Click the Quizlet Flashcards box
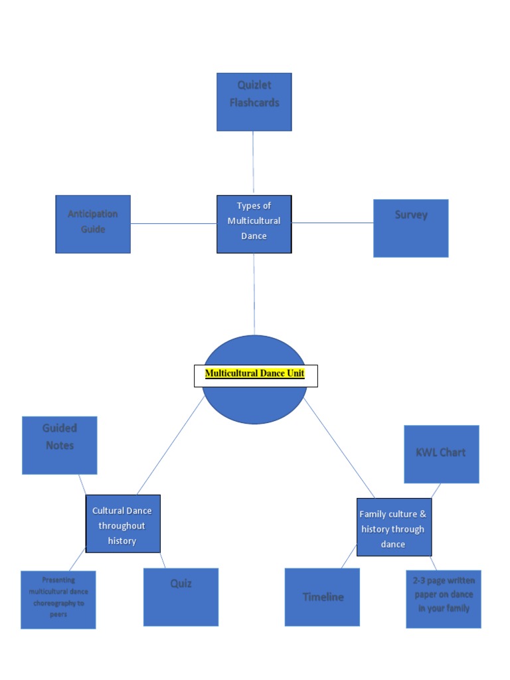[x=254, y=102]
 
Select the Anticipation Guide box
[x=93, y=224]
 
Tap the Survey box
[x=410, y=228]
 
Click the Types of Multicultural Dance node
[x=254, y=224]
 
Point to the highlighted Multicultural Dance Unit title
[x=255, y=374]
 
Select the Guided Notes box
[x=60, y=445]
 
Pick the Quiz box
[x=181, y=596]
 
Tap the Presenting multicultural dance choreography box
[x=58, y=599]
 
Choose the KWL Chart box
[x=441, y=454]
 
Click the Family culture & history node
[x=394, y=527]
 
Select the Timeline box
[x=323, y=596]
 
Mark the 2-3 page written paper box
[x=443, y=598]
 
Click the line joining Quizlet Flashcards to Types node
[x=253, y=162]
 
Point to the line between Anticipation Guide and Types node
[x=173, y=224]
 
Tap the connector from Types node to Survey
[x=333, y=223]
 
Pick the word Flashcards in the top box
[x=254, y=103]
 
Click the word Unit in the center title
[x=295, y=374]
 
